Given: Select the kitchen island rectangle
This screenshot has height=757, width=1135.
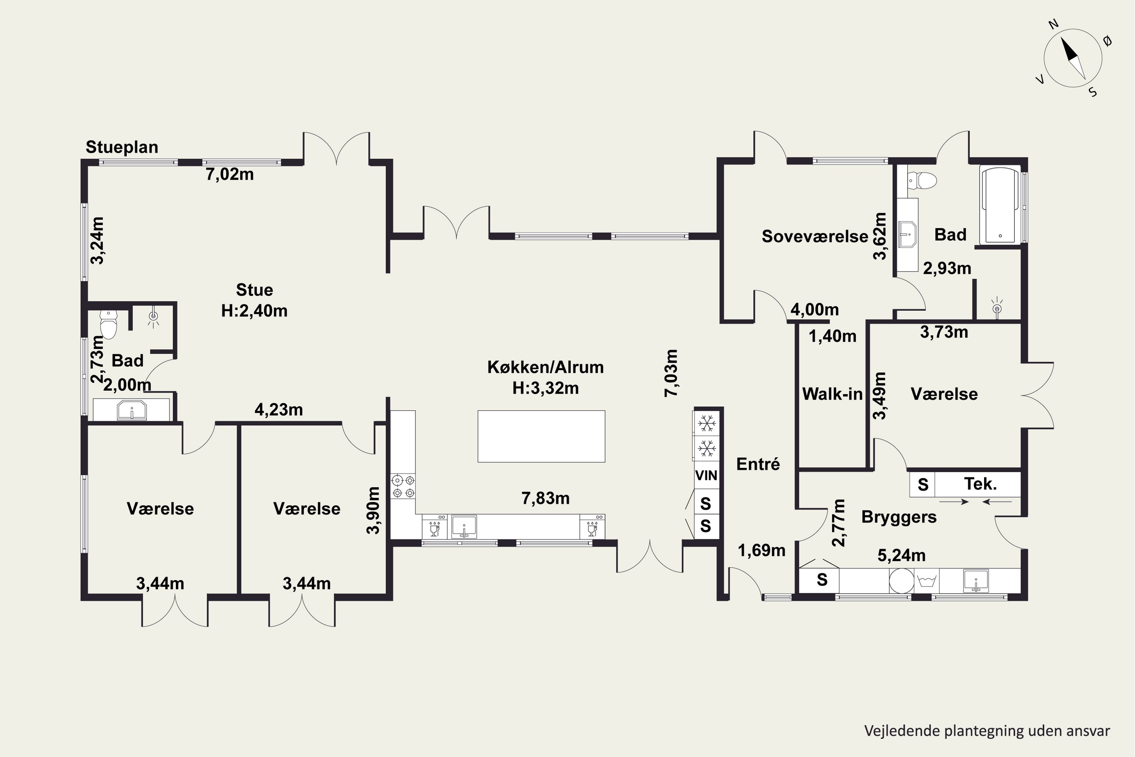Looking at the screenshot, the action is [x=541, y=436].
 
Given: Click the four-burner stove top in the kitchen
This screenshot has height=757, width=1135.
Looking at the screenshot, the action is [x=403, y=486].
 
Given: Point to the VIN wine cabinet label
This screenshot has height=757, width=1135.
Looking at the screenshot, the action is [x=706, y=475].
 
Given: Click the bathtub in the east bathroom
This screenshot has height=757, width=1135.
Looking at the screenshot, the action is [x=1000, y=205].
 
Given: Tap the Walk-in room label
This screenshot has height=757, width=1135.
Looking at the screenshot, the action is [x=832, y=394].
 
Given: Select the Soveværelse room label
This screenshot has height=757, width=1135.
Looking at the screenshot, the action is [x=815, y=236].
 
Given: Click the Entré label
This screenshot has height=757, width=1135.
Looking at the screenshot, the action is [x=758, y=464].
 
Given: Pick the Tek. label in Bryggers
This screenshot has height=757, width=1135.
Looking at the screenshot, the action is [x=980, y=484].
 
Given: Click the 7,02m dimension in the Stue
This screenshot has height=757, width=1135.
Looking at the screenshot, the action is [x=230, y=174].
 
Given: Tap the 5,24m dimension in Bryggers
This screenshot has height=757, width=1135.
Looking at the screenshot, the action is [x=902, y=556].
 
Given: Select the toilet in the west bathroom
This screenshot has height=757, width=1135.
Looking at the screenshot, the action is [x=109, y=324].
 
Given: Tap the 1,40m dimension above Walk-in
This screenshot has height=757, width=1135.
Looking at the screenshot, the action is [x=832, y=336].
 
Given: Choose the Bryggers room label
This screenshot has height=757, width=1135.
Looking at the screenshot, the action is [x=899, y=517].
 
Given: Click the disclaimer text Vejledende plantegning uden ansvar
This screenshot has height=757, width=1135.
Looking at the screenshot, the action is [x=987, y=731].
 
